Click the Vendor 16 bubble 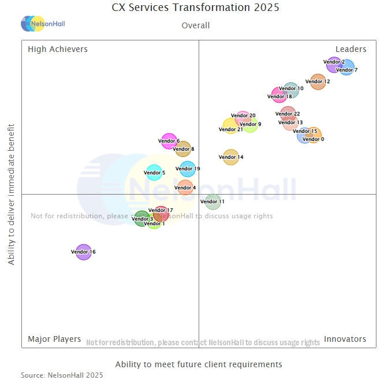[84, 252]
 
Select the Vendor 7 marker [346, 68]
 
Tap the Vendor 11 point [213, 202]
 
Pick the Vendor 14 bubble [230, 157]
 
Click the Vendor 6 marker [169, 141]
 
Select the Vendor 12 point [318, 81]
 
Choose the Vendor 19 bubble [188, 169]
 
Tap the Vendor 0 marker [314, 136]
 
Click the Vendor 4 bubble [185, 187]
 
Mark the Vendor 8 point [183, 149]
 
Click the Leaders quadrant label [351, 49]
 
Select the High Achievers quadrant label [58, 49]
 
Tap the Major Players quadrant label [54, 339]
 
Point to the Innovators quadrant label [345, 339]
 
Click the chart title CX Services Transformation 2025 [195, 8]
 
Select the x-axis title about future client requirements [199, 364]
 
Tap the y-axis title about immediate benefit [12, 194]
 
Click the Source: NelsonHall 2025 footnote [62, 375]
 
